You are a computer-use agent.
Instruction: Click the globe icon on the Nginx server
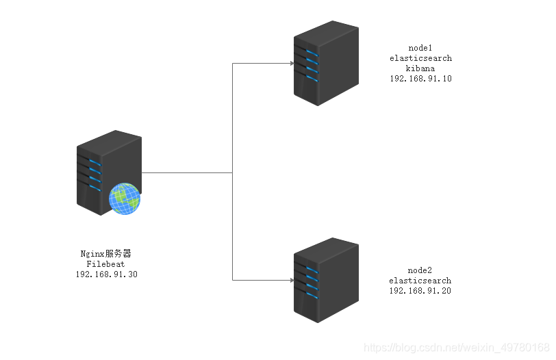point(125,198)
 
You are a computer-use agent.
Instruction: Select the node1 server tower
point(326,63)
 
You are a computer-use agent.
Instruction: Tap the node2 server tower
point(326,281)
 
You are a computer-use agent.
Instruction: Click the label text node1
point(420,48)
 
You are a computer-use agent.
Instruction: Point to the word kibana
point(420,68)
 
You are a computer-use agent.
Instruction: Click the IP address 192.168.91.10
point(420,79)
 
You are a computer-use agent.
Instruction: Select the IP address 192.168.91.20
point(420,291)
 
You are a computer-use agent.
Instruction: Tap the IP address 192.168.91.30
point(106,274)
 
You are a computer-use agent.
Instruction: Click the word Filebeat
point(105,264)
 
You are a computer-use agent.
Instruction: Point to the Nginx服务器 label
point(105,254)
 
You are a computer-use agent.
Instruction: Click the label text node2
point(420,270)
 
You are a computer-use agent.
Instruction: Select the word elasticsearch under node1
point(420,58)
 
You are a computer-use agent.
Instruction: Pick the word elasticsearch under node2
point(420,281)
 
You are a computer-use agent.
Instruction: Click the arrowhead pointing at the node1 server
point(292,64)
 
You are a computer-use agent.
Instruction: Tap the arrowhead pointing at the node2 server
point(292,281)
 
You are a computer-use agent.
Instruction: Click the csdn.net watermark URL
point(457,348)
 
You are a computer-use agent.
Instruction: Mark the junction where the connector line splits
point(233,173)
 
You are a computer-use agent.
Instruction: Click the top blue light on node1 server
point(312,53)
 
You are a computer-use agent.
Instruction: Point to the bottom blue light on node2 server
point(312,295)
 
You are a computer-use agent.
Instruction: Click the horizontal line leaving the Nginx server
point(187,173)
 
